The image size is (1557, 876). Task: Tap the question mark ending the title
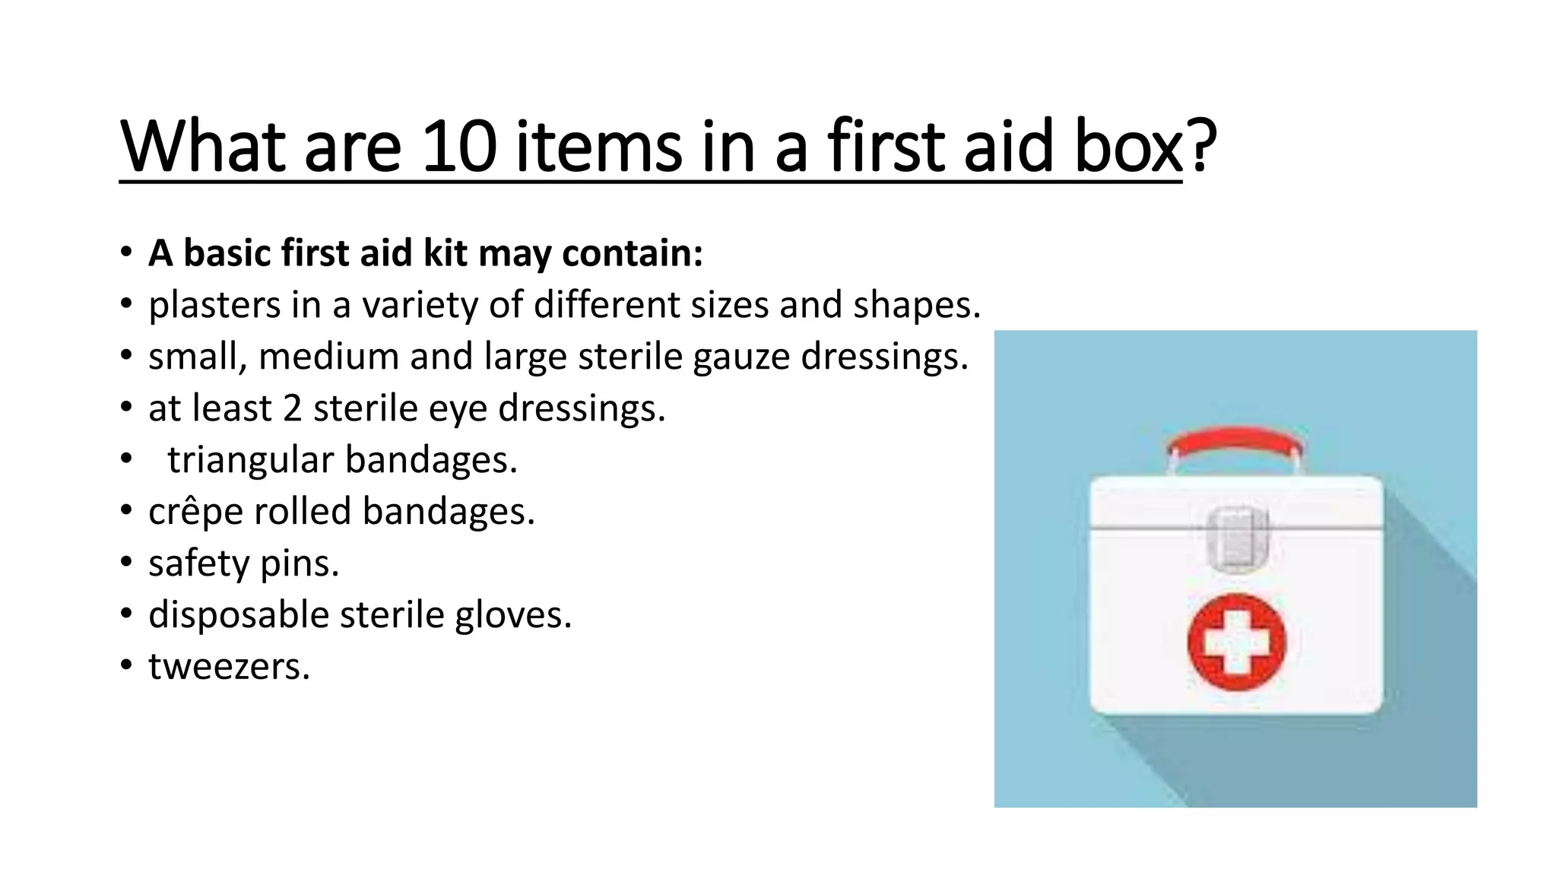coord(1201,146)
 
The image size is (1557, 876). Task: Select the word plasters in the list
coord(214,306)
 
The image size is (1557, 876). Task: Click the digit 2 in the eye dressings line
coord(293,408)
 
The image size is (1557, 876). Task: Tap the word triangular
coord(250,461)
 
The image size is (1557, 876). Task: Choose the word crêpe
coord(195,512)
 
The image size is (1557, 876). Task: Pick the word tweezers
coord(228,667)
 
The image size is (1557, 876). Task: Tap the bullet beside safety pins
coord(126,563)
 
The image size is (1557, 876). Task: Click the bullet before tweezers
coord(126,667)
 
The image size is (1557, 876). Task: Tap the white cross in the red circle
coord(1236,642)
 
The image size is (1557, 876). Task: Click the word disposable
coord(238,615)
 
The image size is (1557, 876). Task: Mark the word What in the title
coord(202,146)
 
